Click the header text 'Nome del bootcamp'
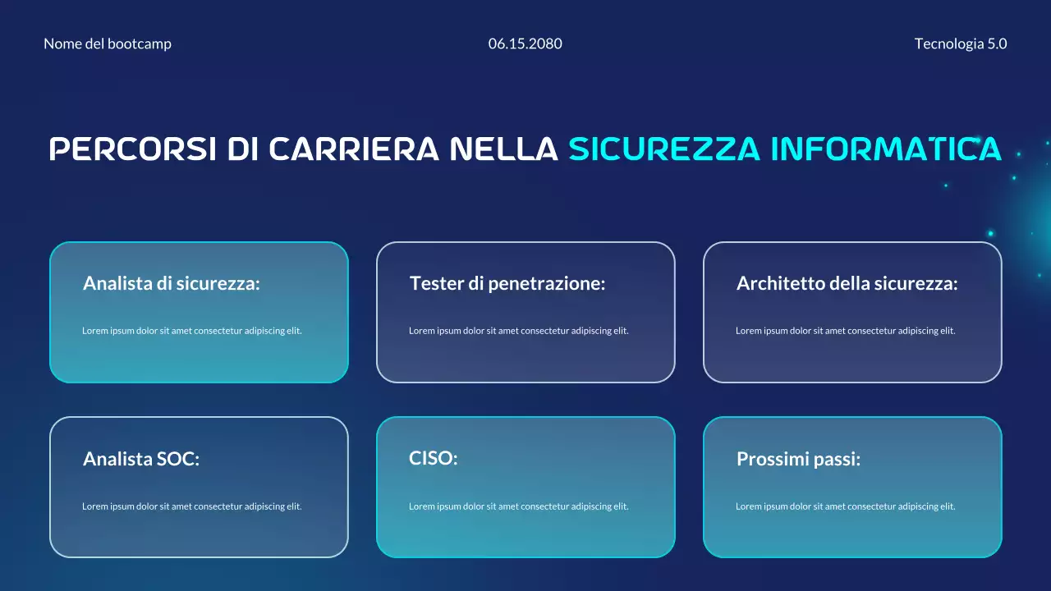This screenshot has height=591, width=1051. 108,44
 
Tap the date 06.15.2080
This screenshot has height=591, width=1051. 525,44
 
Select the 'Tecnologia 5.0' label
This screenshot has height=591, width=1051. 961,44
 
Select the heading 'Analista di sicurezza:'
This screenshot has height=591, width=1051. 172,284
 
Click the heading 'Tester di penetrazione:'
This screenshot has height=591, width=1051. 507,284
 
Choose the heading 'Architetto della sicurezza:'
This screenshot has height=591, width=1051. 847,284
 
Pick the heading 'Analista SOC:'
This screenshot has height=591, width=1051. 141,460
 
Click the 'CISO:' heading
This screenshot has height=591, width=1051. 434,458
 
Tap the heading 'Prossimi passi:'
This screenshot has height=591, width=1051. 799,460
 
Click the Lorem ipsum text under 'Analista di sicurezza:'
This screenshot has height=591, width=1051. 192,331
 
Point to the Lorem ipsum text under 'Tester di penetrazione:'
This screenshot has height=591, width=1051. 519,331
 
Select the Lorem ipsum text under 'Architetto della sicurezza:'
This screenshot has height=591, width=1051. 846,331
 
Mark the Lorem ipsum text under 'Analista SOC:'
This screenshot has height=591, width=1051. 192,506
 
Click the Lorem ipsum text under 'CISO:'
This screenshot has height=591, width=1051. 519,506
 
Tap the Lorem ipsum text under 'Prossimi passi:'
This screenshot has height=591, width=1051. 846,506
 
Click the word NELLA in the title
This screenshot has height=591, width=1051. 504,149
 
